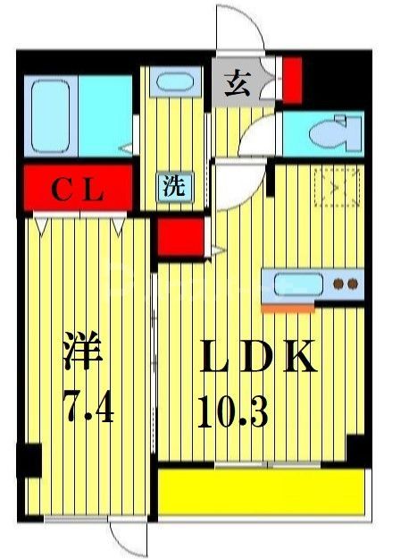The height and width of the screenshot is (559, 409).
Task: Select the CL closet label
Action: point(78,189)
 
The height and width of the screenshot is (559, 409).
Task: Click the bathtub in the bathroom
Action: point(51,117)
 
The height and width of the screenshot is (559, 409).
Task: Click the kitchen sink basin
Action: point(296,285)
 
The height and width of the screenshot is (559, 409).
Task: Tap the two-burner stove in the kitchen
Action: point(346,285)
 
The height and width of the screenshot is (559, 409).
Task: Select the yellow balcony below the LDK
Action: point(261,493)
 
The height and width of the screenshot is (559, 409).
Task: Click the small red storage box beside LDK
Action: point(172,237)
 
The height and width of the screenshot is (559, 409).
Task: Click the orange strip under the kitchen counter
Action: point(288,308)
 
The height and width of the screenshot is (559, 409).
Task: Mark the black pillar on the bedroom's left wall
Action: point(29,460)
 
